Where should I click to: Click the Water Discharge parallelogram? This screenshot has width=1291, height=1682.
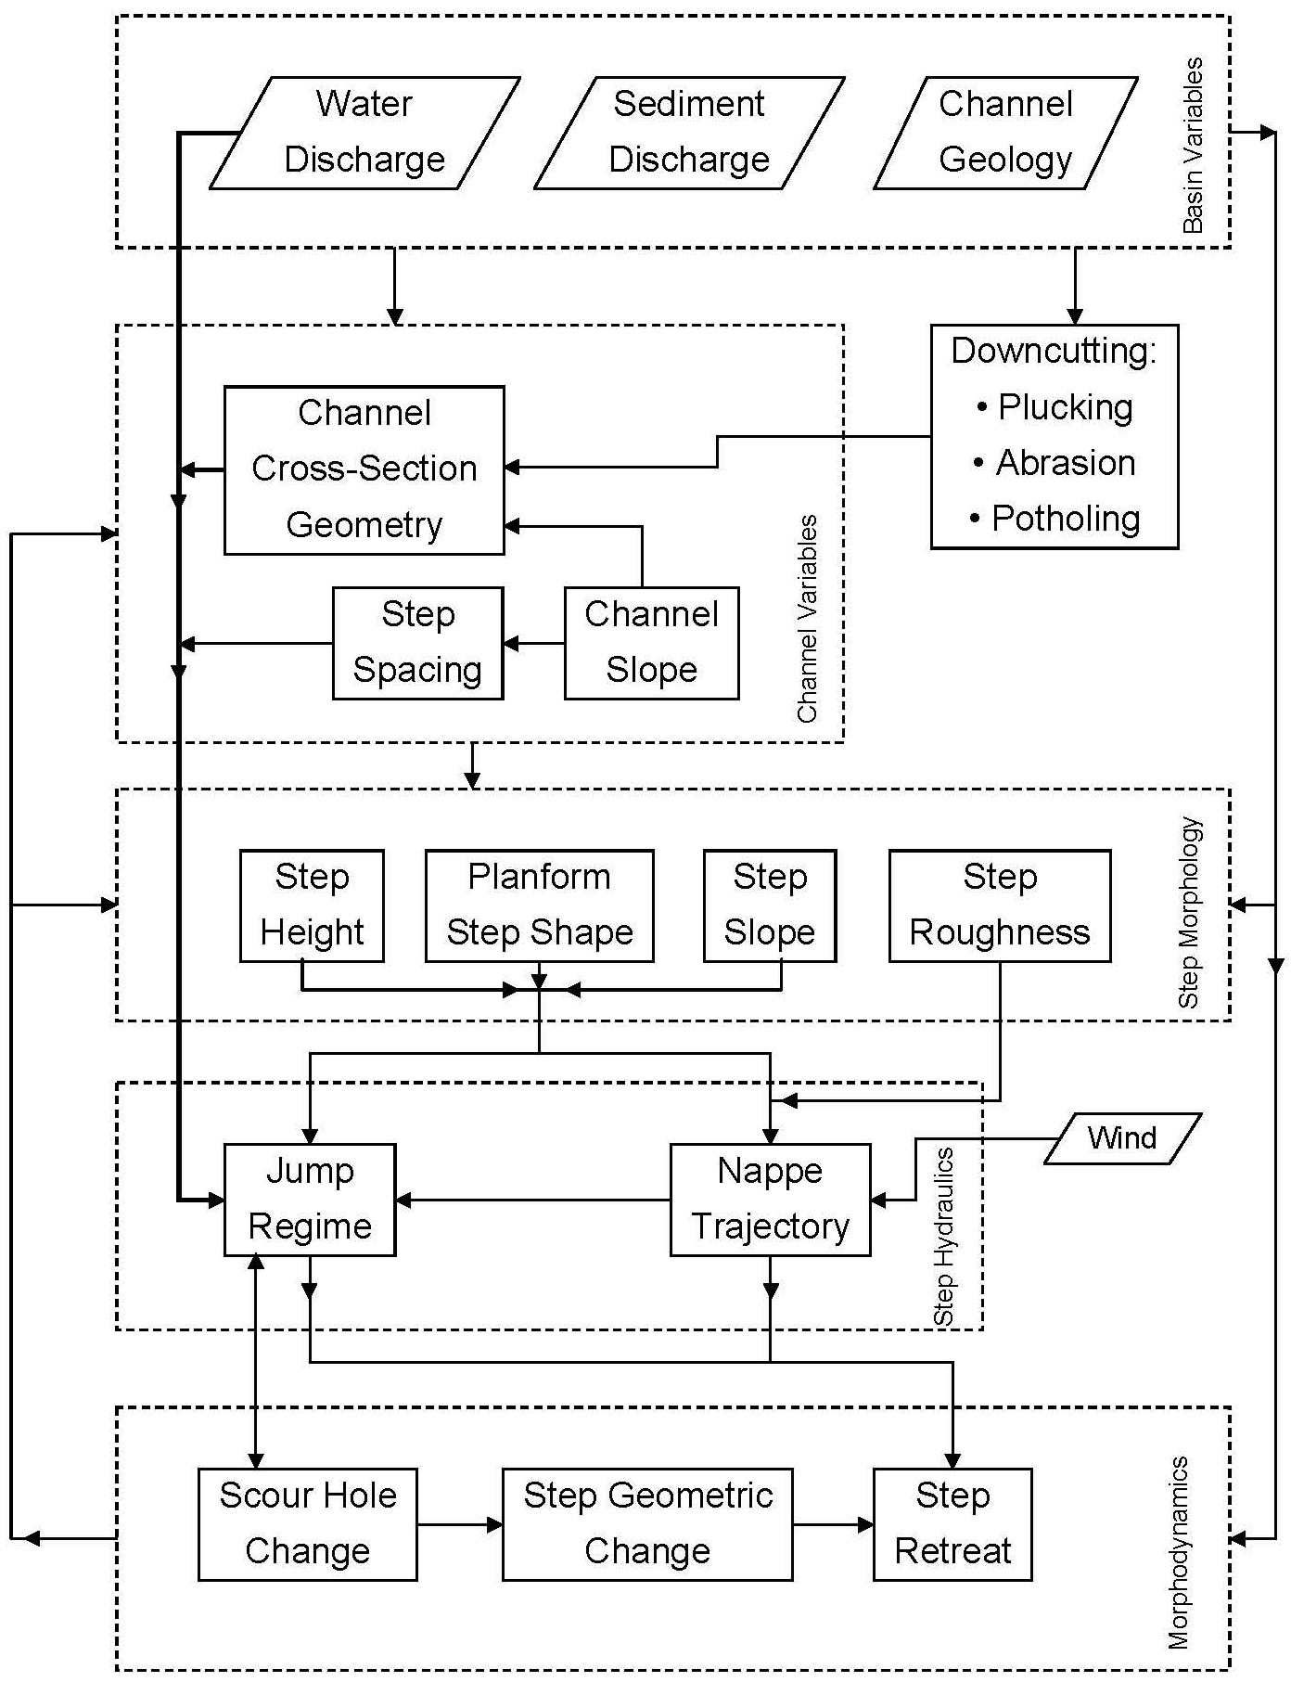tap(364, 133)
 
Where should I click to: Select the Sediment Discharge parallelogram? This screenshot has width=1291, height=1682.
tap(689, 133)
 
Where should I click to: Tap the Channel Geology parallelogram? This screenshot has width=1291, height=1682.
tap(1005, 133)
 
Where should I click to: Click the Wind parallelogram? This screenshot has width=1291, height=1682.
tap(1122, 1138)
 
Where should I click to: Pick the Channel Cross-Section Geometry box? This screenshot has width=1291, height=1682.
tap(364, 469)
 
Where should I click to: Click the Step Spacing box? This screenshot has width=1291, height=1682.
tap(417, 643)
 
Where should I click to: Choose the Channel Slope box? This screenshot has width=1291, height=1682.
tap(651, 643)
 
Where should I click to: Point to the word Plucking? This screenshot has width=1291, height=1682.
tap(1065, 407)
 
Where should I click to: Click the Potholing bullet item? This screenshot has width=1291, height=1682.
tap(1065, 519)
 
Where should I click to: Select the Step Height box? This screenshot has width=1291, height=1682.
tap(312, 905)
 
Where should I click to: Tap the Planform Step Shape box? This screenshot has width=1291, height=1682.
tap(539, 905)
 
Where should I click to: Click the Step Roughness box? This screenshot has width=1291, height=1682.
tap(1000, 905)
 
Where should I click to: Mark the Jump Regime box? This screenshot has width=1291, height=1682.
tap(310, 1200)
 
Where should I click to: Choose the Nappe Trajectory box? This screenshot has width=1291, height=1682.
tap(770, 1200)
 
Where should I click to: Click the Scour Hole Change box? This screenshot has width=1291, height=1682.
tap(307, 1524)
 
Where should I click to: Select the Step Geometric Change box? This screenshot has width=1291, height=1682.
tap(647, 1524)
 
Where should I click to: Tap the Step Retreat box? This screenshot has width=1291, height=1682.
tap(952, 1524)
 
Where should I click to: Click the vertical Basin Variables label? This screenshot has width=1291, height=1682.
tap(1194, 146)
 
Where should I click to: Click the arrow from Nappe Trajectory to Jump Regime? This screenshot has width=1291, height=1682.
tap(532, 1201)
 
